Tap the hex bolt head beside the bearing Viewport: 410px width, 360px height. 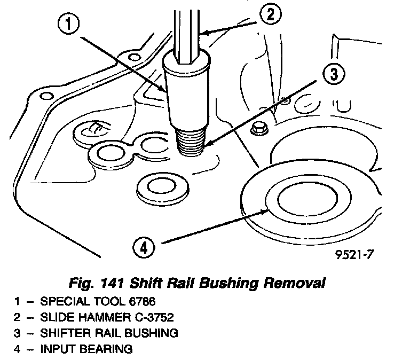point(259,129)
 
